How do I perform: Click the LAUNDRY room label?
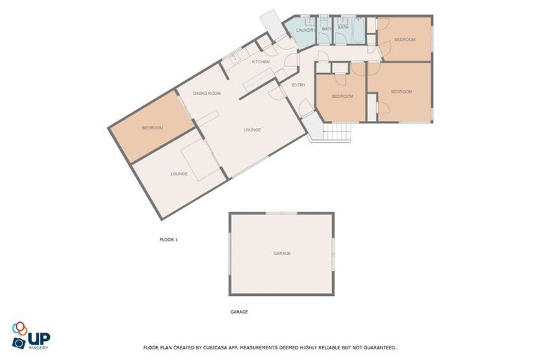(x=305, y=30)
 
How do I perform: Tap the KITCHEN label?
(x=261, y=62)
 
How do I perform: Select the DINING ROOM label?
(x=207, y=93)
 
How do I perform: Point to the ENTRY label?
(x=299, y=85)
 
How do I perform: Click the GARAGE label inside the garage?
(x=282, y=253)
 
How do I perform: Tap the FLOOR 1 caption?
(x=169, y=240)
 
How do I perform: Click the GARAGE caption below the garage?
(x=239, y=311)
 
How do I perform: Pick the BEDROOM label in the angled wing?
(x=153, y=127)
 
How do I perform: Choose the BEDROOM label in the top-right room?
(x=405, y=39)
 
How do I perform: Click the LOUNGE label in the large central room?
(x=252, y=129)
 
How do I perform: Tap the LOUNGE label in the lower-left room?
(x=179, y=173)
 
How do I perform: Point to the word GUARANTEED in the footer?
(x=379, y=347)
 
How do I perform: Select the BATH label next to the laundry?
(x=327, y=28)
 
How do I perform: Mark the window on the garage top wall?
(x=281, y=212)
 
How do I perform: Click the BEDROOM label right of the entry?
(x=342, y=96)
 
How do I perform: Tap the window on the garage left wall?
(x=230, y=252)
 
